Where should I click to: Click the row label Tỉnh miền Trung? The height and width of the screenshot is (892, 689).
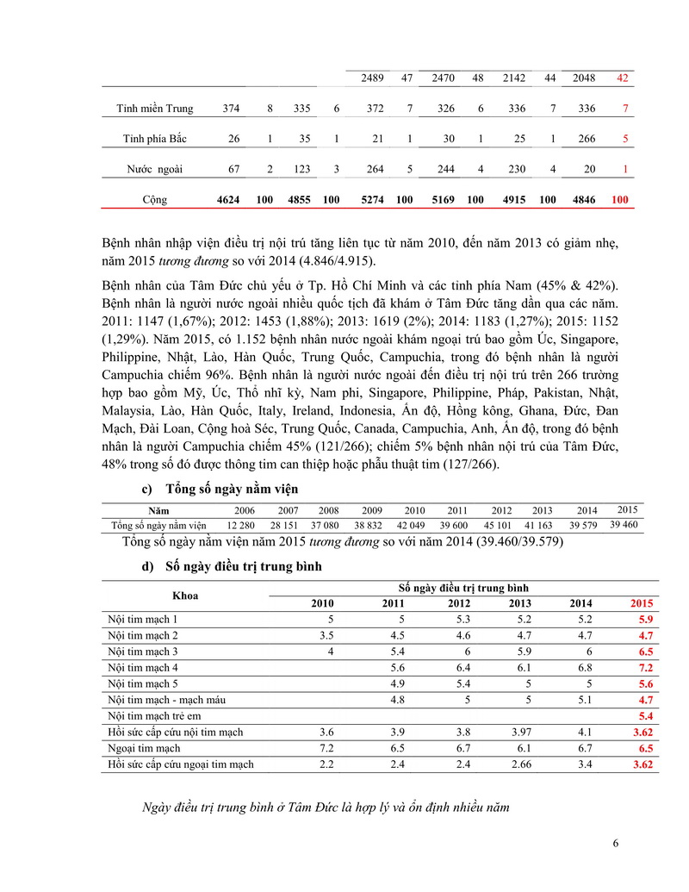tap(155, 109)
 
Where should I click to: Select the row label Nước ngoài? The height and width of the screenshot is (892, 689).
tap(155, 170)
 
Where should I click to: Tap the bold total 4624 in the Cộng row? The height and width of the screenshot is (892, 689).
tap(230, 200)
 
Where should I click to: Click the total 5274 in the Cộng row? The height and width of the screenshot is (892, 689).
tap(372, 200)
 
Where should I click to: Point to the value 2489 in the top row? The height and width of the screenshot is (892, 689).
tap(372, 78)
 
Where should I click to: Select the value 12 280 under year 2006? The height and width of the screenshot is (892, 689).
tap(241, 526)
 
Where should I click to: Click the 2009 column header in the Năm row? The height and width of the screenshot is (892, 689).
tap(371, 510)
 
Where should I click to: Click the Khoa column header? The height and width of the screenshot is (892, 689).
tap(185, 595)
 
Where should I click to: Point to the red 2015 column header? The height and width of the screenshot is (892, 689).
tap(642, 602)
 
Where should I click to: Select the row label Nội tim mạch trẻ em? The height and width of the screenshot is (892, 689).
tap(160, 716)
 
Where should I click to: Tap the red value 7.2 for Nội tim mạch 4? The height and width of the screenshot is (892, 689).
tap(645, 667)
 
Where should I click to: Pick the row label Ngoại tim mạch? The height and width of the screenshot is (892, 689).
tap(145, 749)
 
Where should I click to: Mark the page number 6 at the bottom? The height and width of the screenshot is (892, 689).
tap(616, 843)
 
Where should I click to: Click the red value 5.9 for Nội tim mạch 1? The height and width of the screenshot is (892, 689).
tap(645, 619)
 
